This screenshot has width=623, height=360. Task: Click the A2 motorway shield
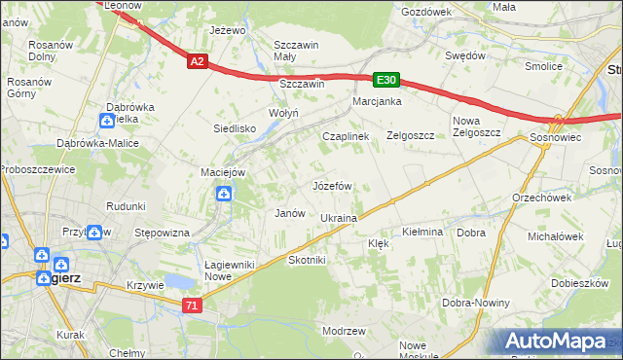click(197, 60)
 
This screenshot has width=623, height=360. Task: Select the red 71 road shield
click(192, 305)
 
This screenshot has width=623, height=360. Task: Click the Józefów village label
click(331, 185)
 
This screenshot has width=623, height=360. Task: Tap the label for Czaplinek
click(346, 137)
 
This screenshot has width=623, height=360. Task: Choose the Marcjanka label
click(378, 101)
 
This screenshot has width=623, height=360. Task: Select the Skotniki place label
click(307, 261)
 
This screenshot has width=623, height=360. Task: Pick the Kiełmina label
click(422, 233)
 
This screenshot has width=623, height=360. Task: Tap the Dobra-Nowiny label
click(478, 303)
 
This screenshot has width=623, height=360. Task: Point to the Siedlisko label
click(235, 127)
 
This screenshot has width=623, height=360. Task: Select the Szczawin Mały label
click(298, 51)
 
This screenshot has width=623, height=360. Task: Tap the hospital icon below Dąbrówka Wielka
click(107, 121)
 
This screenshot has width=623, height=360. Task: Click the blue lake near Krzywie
click(178, 282)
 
